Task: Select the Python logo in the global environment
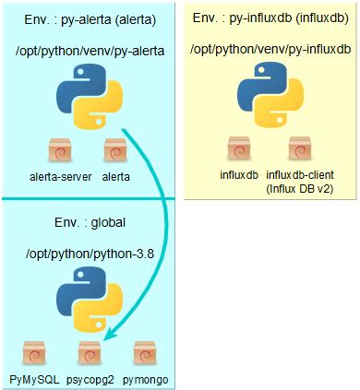point(90,308)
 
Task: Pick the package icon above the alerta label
point(114,150)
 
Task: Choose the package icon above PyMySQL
point(33,355)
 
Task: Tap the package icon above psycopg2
point(89,355)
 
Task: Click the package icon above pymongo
point(143,355)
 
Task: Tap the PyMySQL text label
point(33,378)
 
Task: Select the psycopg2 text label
point(90,378)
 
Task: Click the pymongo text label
point(144,378)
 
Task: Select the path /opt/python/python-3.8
point(90,253)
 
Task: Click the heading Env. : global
point(90,222)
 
